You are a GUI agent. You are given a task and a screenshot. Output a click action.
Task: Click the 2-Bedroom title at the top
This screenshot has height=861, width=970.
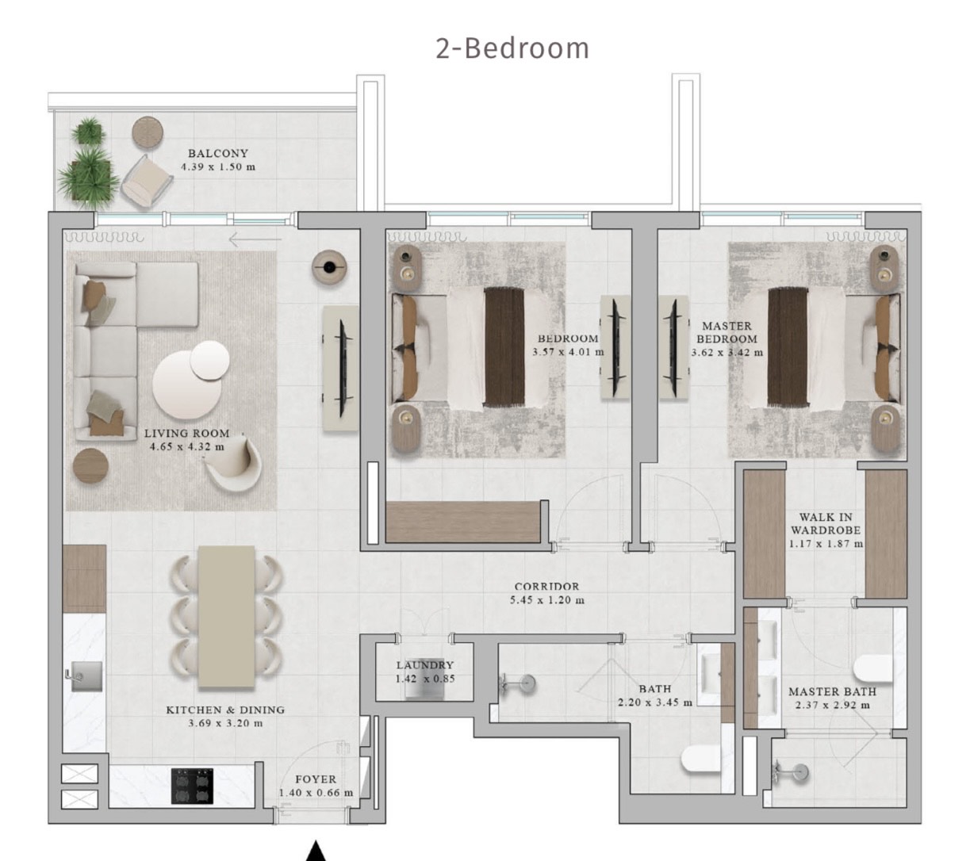click(512, 49)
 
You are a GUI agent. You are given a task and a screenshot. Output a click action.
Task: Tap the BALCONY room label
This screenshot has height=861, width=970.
click(218, 153)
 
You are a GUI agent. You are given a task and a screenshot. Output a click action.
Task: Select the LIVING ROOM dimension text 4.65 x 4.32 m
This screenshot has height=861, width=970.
click(186, 447)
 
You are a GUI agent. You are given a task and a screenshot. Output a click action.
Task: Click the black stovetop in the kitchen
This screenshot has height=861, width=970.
click(192, 786)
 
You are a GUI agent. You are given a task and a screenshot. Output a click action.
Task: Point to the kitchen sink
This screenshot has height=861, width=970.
click(86, 675)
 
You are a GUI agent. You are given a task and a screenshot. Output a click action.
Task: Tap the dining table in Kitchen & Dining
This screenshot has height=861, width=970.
click(226, 617)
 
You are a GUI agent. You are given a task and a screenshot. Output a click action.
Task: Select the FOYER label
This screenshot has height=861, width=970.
click(316, 779)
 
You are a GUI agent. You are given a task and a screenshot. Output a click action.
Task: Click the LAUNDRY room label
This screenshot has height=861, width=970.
click(424, 664)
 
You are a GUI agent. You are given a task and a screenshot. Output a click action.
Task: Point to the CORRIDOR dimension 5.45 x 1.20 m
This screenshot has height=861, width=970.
click(546, 600)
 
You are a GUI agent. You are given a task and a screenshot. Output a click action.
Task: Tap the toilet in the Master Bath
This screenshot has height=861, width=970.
click(872, 668)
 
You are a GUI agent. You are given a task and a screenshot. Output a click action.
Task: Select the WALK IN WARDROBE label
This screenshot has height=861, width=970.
click(826, 523)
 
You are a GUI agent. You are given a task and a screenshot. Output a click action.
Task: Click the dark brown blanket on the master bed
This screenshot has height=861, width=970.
click(788, 347)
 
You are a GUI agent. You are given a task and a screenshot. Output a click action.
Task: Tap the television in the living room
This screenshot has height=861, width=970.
click(343, 368)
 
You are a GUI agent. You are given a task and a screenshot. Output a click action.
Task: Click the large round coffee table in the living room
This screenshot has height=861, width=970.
click(186, 385)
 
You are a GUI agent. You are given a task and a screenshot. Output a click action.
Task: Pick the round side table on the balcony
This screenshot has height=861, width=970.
click(148, 132)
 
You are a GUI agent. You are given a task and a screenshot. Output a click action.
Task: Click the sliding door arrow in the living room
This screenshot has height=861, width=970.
click(255, 239)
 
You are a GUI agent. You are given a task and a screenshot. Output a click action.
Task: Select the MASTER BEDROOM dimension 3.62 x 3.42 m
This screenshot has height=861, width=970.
click(727, 353)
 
